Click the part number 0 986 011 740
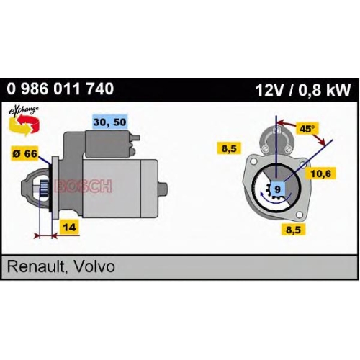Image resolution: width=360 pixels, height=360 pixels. [60, 89]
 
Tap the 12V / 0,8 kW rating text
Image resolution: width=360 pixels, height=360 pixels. [303, 90]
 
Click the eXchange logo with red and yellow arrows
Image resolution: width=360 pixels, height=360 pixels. [24, 122]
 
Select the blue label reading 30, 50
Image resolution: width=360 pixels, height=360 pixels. [110, 122]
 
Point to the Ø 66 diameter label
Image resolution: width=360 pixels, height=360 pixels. [25, 153]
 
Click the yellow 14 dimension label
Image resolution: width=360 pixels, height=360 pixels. [69, 227]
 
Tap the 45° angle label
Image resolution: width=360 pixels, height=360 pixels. [307, 129]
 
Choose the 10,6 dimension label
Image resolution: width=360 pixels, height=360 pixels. [320, 174]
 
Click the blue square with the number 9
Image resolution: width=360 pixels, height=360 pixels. [277, 189]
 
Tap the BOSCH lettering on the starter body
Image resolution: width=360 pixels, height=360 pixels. [83, 186]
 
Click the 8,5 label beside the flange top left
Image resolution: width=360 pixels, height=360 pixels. [229, 148]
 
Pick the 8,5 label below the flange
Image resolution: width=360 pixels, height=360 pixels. [293, 230]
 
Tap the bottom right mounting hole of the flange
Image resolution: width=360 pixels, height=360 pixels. [300, 215]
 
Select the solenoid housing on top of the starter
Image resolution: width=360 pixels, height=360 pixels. [107, 144]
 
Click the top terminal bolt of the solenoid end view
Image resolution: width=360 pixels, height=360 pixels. [276, 130]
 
